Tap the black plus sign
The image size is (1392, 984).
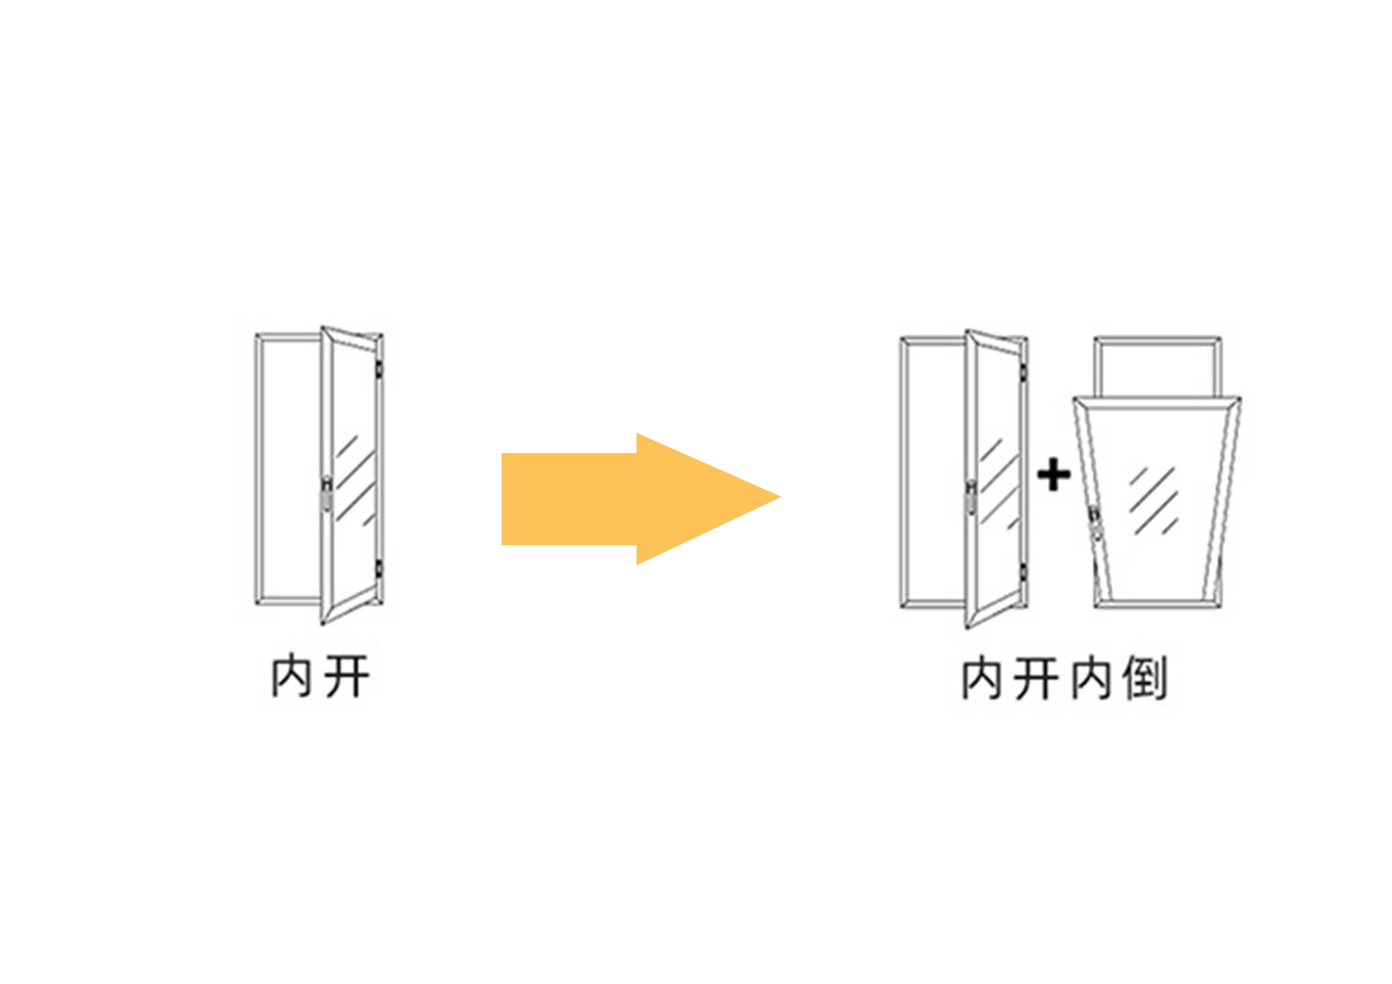(1054, 474)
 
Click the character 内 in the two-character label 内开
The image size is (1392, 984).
(291, 675)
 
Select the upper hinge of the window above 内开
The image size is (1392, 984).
(379, 369)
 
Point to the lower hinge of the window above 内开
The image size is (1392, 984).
(379, 568)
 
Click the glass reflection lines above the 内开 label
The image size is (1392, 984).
(356, 479)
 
